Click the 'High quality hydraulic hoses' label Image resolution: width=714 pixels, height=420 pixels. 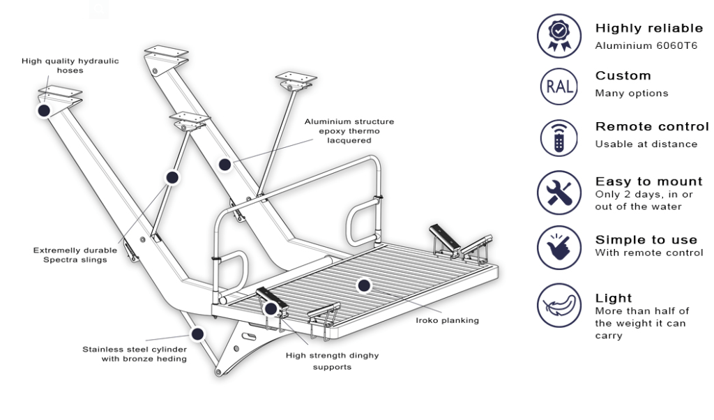click(70, 66)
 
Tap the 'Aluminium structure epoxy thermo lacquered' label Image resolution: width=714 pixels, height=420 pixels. click(349, 130)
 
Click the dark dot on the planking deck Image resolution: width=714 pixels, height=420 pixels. click(363, 285)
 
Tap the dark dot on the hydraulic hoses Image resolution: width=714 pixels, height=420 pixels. click(44, 111)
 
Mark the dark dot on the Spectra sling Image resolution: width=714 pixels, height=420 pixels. click(172, 177)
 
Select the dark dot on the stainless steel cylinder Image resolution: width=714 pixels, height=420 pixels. click(197, 334)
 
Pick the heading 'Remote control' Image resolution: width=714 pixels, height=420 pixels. click(651, 127)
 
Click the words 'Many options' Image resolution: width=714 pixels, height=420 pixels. click(631, 93)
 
